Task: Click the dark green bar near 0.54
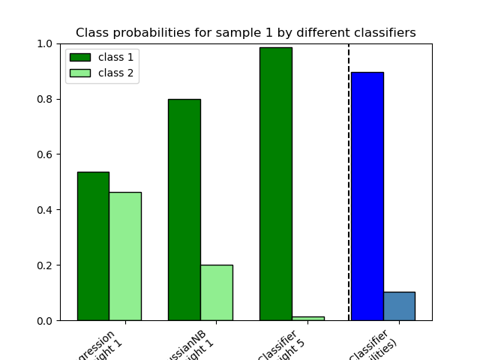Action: click(x=93, y=246)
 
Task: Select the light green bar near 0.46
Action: click(x=124, y=256)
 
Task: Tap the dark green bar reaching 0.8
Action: click(x=184, y=210)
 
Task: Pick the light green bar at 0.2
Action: click(x=216, y=292)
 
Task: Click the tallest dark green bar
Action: click(x=275, y=184)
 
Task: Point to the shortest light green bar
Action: click(x=307, y=318)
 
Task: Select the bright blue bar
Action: click(x=367, y=196)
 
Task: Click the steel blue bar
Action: click(x=399, y=306)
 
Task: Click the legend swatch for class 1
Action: click(x=79, y=58)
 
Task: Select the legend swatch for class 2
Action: click(x=79, y=73)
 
